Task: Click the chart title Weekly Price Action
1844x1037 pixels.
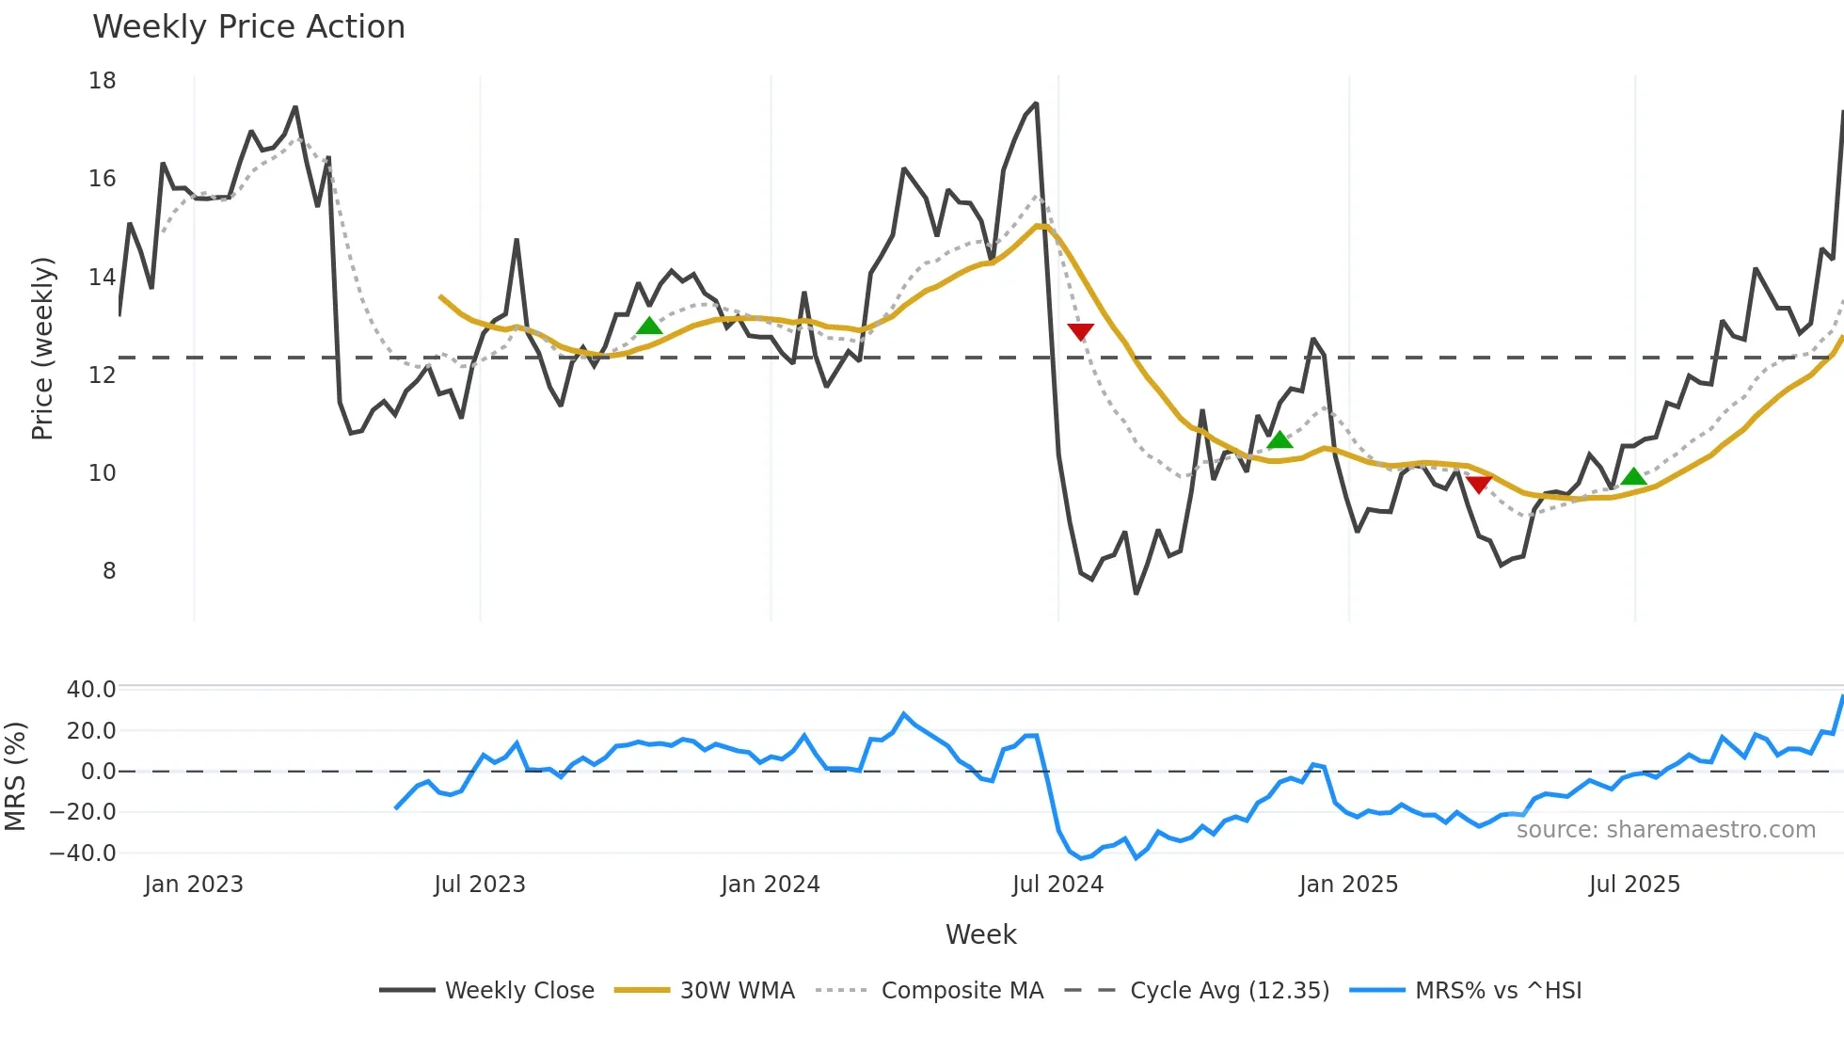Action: pyautogui.click(x=248, y=27)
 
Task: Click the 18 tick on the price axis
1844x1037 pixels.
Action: pyautogui.click(x=103, y=81)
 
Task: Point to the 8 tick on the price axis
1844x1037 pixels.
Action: pyautogui.click(x=109, y=571)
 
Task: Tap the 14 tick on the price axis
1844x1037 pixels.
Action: pyautogui.click(x=103, y=278)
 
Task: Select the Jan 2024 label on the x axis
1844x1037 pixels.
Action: pyautogui.click(x=771, y=885)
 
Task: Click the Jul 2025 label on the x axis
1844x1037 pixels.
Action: pyautogui.click(x=1634, y=885)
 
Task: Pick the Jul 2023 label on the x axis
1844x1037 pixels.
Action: pyautogui.click(x=480, y=885)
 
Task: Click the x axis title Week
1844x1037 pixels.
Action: pyautogui.click(x=980, y=934)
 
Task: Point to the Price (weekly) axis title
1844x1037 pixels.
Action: pyautogui.click(x=43, y=348)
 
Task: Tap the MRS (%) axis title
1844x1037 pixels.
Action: pyautogui.click(x=16, y=776)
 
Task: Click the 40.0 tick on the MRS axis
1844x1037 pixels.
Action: pyautogui.click(x=91, y=690)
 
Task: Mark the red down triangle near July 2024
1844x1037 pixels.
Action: pyautogui.click(x=1081, y=331)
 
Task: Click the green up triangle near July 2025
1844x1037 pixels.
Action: pyautogui.click(x=1634, y=477)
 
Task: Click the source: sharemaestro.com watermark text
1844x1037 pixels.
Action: pyautogui.click(x=1665, y=830)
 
